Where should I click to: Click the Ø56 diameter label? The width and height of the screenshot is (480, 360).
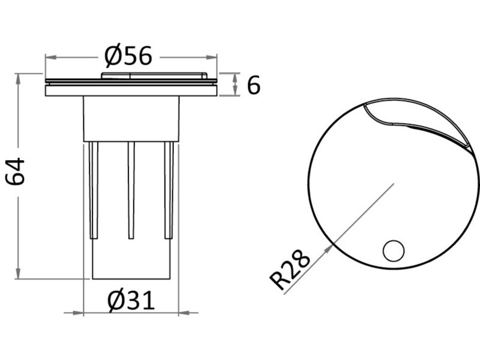[128, 56]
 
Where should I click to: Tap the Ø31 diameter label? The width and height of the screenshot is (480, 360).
[131, 301]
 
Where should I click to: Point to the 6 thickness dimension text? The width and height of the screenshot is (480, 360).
[253, 85]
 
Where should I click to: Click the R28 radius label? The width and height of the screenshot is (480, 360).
[290, 269]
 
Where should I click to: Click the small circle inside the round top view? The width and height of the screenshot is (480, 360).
[394, 251]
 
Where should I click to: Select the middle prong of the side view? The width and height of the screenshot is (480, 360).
[131, 190]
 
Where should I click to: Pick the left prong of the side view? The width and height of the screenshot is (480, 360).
[94, 190]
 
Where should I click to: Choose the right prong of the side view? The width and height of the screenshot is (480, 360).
[169, 190]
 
